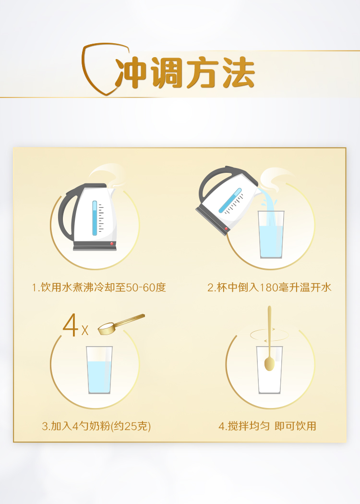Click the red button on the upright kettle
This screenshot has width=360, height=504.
pyautogui.click(x=111, y=244)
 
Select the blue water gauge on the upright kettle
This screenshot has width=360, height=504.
pyautogui.click(x=95, y=218)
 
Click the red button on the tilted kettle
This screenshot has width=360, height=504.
pyautogui.click(x=226, y=229)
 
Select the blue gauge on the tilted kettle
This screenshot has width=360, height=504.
pyautogui.click(x=230, y=201)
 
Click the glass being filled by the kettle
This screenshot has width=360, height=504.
pyautogui.click(x=271, y=235)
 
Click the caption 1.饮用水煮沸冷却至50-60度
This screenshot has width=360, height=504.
pyautogui.click(x=99, y=288)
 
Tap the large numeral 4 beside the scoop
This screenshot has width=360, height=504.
pyautogui.click(x=71, y=325)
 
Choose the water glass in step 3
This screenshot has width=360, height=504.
pyautogui.click(x=99, y=370)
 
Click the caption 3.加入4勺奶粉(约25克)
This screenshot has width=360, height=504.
pyautogui.click(x=96, y=426)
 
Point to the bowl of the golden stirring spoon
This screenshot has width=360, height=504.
pyautogui.click(x=269, y=364)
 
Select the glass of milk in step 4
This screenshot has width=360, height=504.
pyautogui.click(x=269, y=370)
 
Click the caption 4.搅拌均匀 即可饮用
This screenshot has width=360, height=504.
pyautogui.click(x=267, y=426)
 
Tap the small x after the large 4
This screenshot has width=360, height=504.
pyautogui.click(x=85, y=330)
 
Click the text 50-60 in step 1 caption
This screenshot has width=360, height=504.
pyautogui.click(x=142, y=288)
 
